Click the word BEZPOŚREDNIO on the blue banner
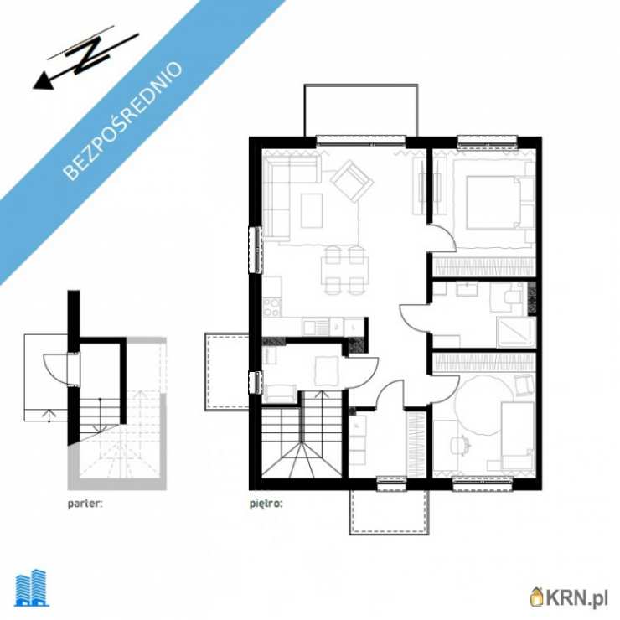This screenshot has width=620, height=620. pos(122,121)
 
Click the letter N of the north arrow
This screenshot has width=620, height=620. pos(91,56)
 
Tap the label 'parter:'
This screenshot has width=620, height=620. pos(85,504)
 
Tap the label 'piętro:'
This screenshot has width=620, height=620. pos(266,504)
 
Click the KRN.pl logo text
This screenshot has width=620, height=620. pos(569,597)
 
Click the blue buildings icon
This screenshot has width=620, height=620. pos(32,588)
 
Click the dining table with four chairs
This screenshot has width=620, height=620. pos(344,271)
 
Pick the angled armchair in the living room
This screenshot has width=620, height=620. pos(352,181)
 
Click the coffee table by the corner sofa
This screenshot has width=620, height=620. pos(312,210)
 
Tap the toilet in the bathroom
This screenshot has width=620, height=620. pos(511,297)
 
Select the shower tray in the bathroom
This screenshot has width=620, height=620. pos(516,332)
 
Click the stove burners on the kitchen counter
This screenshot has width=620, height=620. pos(272,307)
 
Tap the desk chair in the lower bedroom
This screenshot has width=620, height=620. pos(459,446)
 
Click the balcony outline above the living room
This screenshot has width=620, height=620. pos(361,110)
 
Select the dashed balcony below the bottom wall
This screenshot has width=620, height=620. pos(389,512)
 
